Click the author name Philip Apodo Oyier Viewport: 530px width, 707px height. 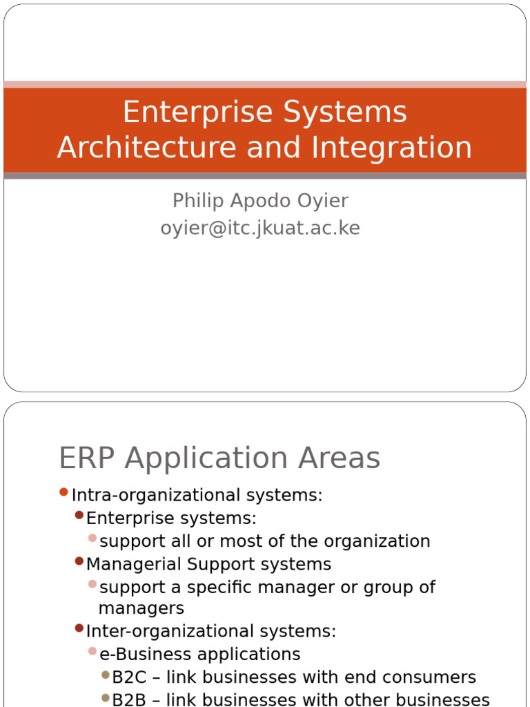click(260, 201)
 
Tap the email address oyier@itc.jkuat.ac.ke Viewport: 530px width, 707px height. click(260, 228)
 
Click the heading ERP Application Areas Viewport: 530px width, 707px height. click(219, 458)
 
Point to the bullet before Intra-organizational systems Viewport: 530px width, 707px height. click(63, 492)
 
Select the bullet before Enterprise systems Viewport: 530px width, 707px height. click(79, 515)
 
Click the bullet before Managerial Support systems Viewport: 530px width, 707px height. click(79, 561)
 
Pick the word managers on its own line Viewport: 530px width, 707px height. click(141, 608)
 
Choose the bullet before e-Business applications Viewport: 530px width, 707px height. click(92, 651)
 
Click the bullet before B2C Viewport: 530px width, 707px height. click(105, 675)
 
